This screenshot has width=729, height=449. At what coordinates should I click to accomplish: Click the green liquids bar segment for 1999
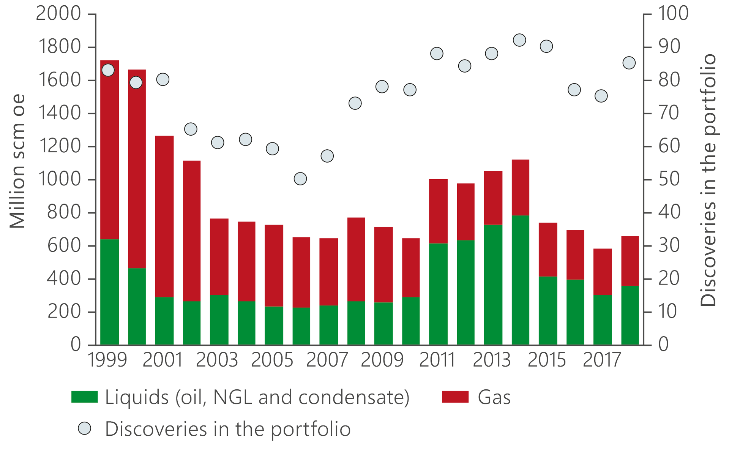coord(109,292)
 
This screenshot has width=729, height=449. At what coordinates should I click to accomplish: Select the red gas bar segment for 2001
coord(164,217)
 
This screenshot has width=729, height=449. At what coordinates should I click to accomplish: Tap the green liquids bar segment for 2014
coord(520,280)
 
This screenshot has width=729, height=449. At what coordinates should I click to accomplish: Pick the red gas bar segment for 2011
coord(438,211)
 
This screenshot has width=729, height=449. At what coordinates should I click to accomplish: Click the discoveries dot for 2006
coord(300,179)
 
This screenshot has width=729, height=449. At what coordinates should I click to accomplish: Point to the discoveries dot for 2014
coord(519,40)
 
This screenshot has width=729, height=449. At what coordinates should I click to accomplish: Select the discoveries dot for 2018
coord(629,63)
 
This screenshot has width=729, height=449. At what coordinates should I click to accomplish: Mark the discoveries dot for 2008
coord(355,103)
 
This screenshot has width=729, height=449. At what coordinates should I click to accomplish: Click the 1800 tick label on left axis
coord(60,47)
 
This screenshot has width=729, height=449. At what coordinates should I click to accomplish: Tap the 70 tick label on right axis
coord(668,113)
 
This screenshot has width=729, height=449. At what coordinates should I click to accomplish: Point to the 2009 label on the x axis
coord(382,360)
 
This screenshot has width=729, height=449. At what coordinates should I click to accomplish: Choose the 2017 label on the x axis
coord(602,360)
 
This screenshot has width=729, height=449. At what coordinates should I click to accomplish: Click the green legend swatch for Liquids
coord(84,397)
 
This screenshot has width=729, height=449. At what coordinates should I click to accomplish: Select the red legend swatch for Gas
coord(455,397)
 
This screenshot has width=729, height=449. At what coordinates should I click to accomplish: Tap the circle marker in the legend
coord(84,428)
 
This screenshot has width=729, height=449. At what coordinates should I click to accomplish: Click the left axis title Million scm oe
coord(17,161)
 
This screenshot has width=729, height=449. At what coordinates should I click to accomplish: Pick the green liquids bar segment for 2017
coord(602,320)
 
